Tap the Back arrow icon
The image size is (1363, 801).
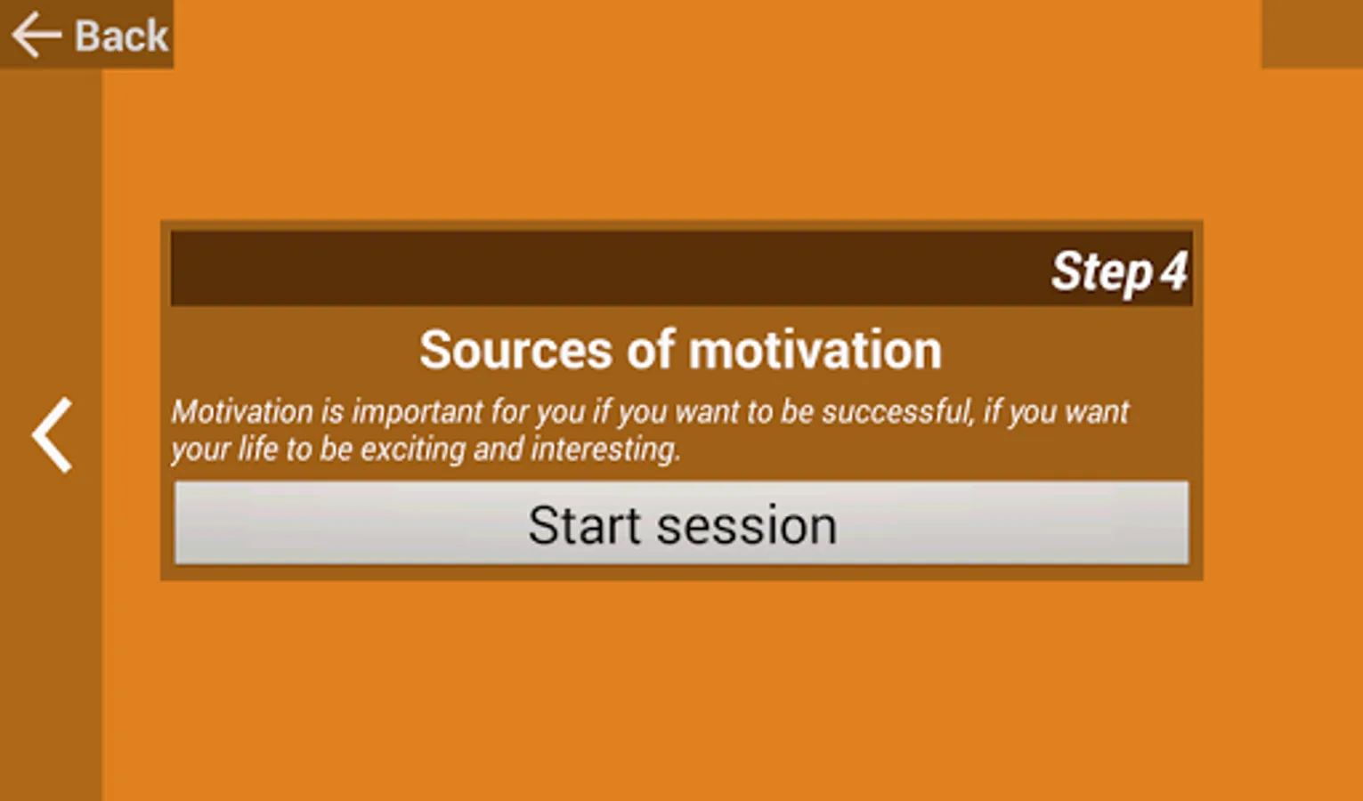pos(37,36)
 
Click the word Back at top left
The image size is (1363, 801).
pos(121,36)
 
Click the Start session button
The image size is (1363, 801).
pos(682,523)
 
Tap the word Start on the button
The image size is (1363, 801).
pos(584,525)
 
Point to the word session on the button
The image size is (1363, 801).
pos(747,526)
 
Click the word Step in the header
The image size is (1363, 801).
pos(1102,271)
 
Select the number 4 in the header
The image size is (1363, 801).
pos(1173,271)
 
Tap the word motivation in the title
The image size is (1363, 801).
pos(815,351)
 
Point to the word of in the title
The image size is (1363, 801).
pos(651,350)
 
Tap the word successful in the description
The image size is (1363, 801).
pos(896,412)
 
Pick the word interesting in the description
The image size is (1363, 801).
pos(605,450)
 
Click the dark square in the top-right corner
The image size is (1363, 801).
pos(1312,34)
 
